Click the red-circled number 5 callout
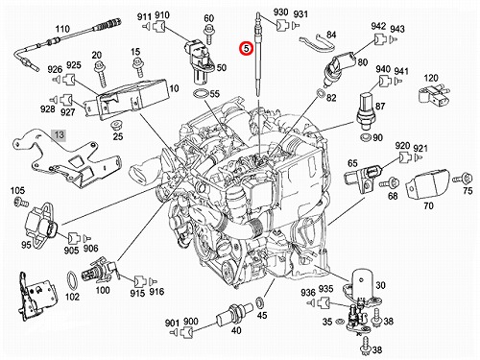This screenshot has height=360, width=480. pos(247,49)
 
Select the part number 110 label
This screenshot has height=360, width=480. pos(62,29)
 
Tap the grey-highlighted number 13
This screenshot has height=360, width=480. pos(60,134)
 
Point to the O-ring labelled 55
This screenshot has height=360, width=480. pos(201,94)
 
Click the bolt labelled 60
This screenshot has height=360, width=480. pos(209,34)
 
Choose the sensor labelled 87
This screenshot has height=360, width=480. pos(366,111)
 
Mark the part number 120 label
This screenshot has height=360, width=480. pos(431,78)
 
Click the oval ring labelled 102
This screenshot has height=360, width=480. pos(72,280)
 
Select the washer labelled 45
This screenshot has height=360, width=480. pos(260,302)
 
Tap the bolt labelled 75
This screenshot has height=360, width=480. pos(462,178)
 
